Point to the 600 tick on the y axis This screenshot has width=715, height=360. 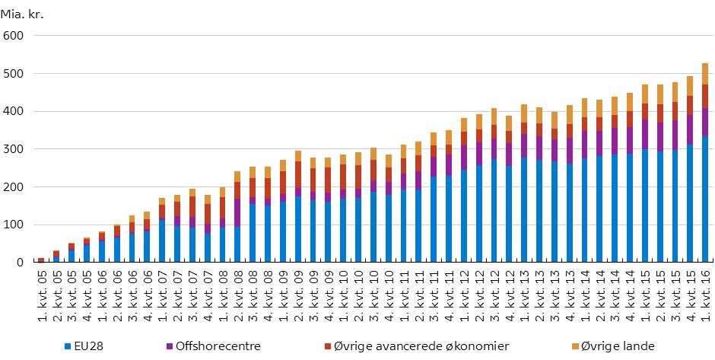pos(14,36)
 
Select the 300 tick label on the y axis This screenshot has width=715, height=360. pos(14,149)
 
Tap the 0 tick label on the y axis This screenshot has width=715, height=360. pos(21,263)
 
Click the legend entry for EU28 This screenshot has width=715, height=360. pos(90,347)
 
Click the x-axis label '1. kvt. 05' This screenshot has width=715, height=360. pos(40,300)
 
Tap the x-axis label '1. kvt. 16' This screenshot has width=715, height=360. pos(704,300)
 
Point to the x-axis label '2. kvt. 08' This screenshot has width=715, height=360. pos(237,300)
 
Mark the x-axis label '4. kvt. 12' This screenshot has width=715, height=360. pos(508,300)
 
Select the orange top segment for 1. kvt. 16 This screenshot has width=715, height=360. pos(704,74)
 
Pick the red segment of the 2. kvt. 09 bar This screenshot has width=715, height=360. pos(297,175)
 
